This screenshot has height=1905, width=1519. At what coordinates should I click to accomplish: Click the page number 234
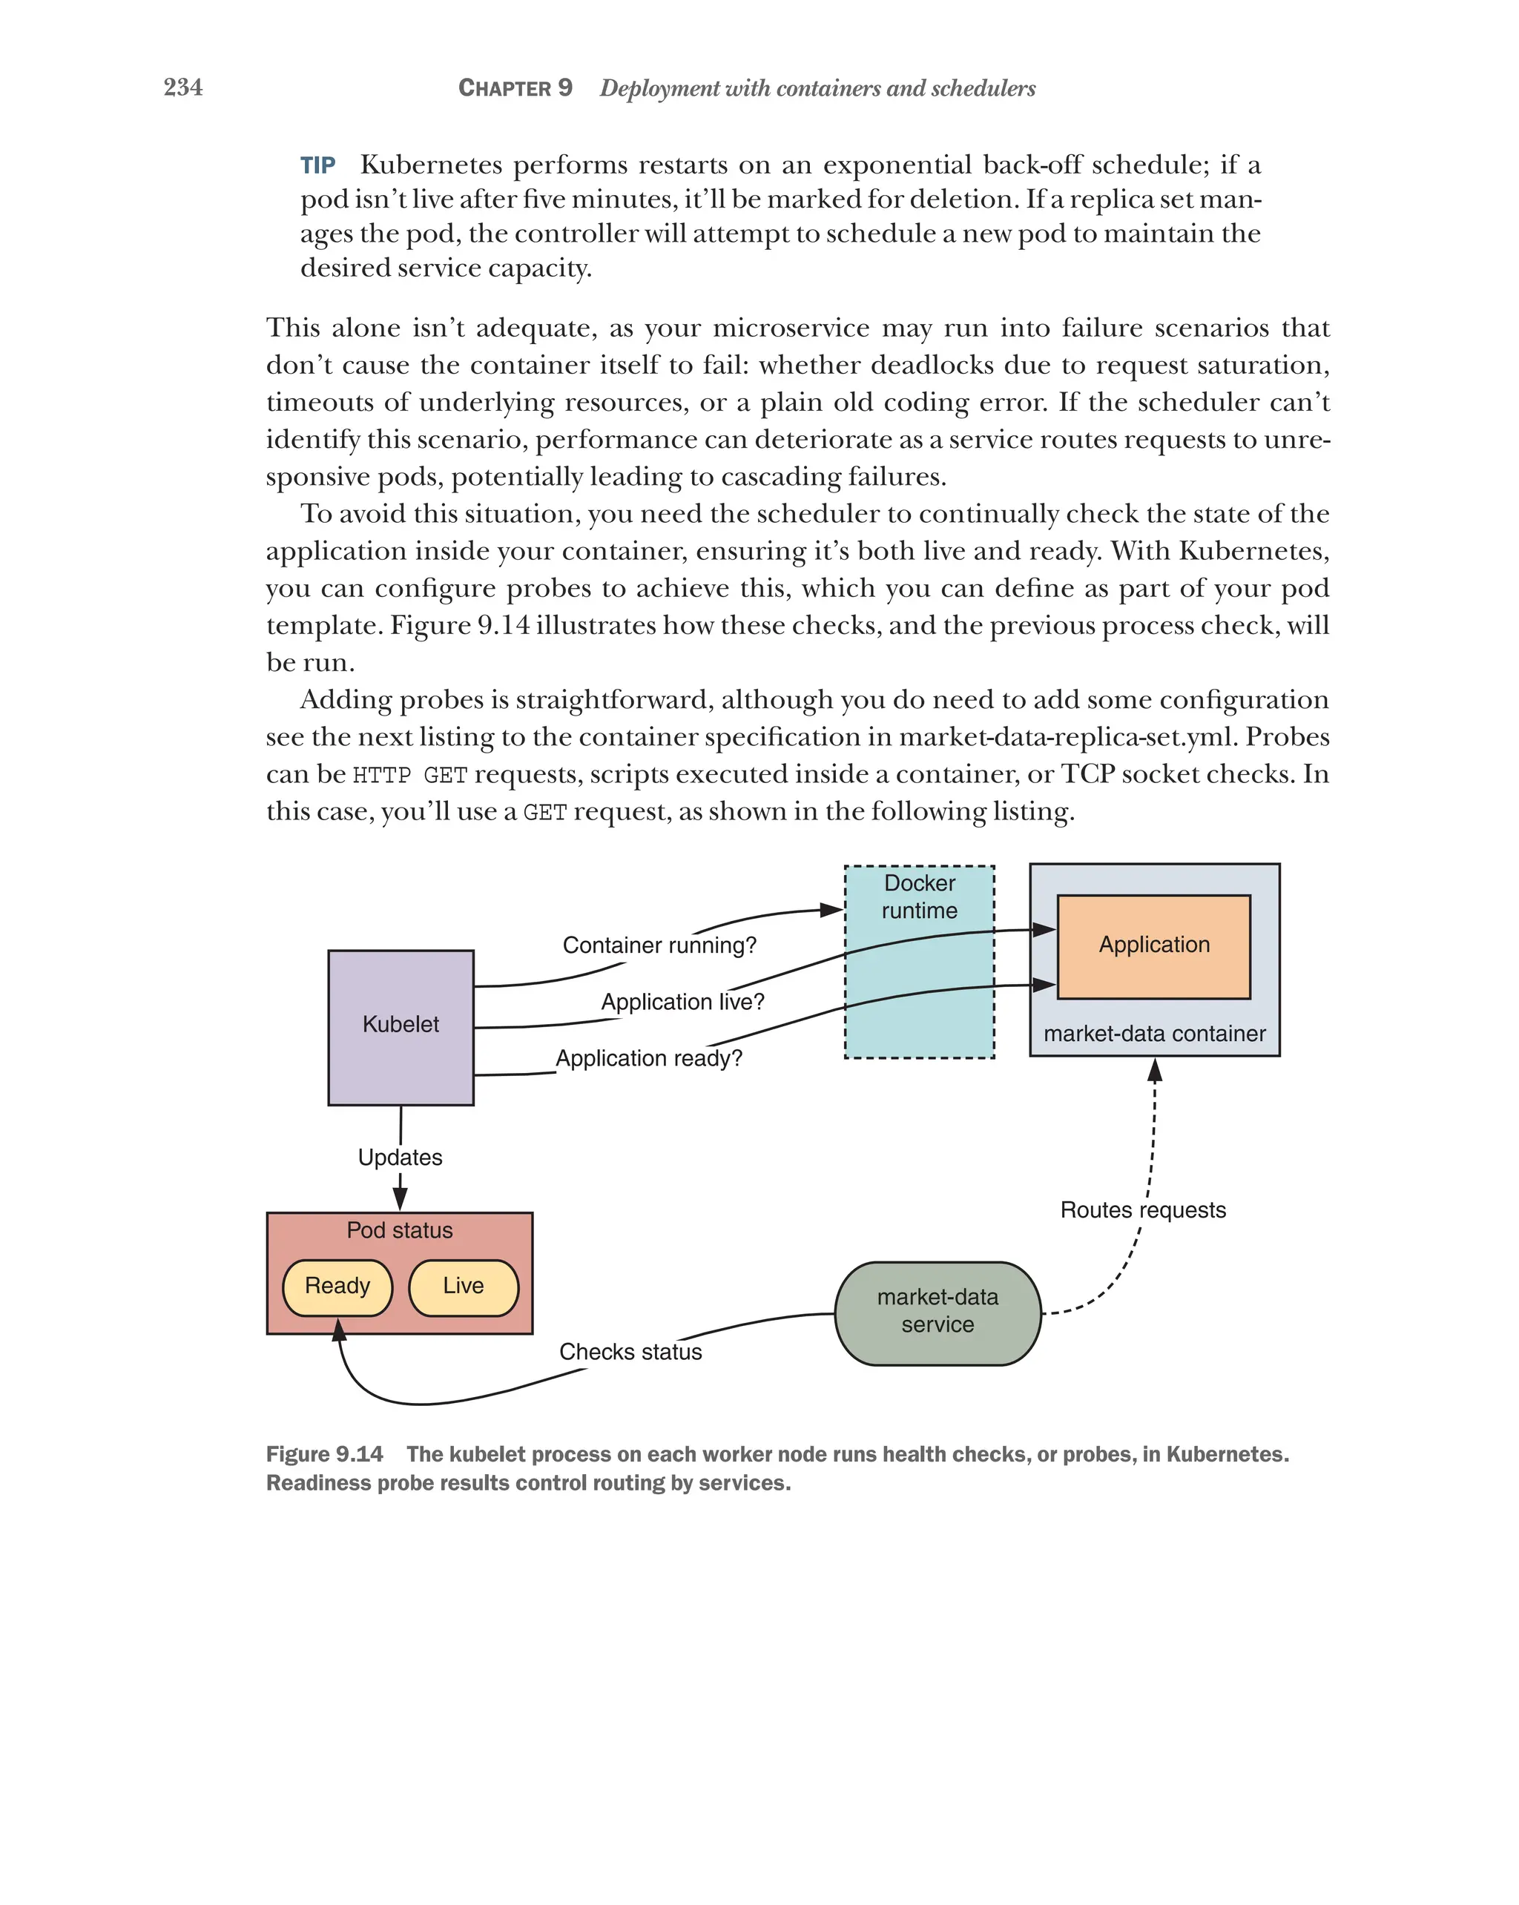tap(183, 87)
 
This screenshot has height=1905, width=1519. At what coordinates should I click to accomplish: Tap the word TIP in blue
tap(317, 165)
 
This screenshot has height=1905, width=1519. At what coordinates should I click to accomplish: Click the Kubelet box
tap(401, 1027)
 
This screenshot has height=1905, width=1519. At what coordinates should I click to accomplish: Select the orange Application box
tap(1153, 945)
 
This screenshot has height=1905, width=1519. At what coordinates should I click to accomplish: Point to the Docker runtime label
tap(919, 896)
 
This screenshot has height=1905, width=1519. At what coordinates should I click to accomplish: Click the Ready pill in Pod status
tap(337, 1286)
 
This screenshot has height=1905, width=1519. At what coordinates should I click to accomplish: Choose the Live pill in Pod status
tap(463, 1286)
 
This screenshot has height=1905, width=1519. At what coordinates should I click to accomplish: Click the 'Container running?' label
tap(659, 945)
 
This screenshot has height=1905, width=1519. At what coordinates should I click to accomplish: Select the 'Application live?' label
tap(682, 1002)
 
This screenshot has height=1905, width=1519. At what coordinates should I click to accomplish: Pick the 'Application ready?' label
tap(648, 1058)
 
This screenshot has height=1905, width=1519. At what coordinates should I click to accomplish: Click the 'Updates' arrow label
tap(400, 1158)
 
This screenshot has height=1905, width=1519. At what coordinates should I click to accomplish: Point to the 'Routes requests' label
tap(1142, 1209)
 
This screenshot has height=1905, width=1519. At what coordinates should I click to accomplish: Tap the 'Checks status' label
tap(630, 1352)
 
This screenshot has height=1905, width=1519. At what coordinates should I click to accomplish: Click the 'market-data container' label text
tap(1154, 1034)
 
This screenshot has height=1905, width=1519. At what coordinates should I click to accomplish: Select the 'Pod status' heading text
tap(400, 1230)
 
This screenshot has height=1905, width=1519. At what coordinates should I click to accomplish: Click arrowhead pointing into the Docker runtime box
tap(831, 910)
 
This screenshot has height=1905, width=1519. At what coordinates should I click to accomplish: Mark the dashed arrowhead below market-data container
tap(1154, 1071)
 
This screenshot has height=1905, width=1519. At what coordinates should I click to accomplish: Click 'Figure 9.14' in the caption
tap(324, 1453)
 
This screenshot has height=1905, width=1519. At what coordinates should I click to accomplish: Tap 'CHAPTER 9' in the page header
tap(515, 88)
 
